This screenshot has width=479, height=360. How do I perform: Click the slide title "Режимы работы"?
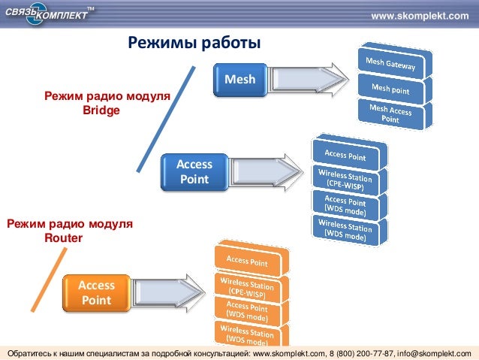point(193,43)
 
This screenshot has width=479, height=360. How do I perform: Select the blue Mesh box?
point(239,80)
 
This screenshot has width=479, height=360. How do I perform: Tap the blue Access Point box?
point(194,172)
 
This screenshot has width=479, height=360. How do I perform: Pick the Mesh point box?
point(390,89)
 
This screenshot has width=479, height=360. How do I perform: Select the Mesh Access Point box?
point(390,113)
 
